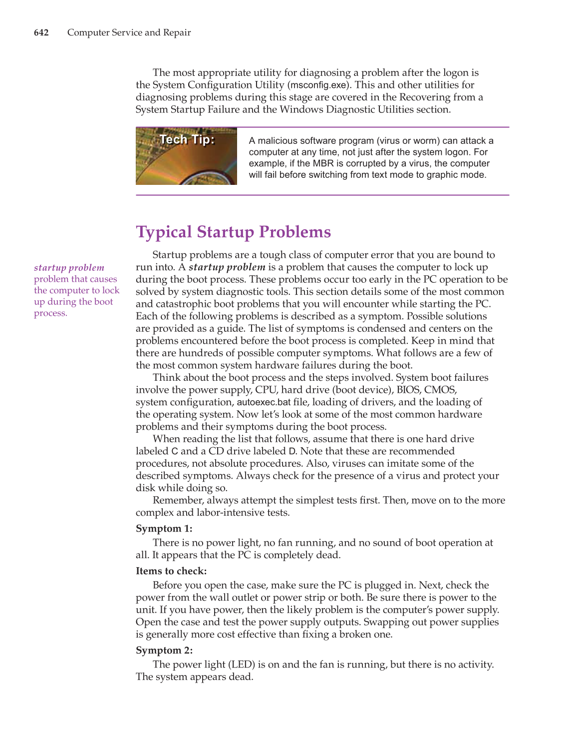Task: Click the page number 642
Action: coord(41,32)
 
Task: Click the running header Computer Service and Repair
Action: coord(129,32)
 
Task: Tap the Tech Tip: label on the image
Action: coord(187,139)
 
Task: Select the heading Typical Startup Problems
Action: coord(233,232)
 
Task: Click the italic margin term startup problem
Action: coord(69,268)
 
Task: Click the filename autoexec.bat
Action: coord(264,402)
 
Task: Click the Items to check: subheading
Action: coord(171,571)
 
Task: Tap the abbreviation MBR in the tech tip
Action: coord(323,163)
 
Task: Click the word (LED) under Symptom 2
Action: coord(242,665)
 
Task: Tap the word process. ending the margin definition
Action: coord(50,313)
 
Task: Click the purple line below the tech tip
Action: coord(322,195)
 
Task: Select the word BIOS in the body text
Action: coord(408,390)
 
